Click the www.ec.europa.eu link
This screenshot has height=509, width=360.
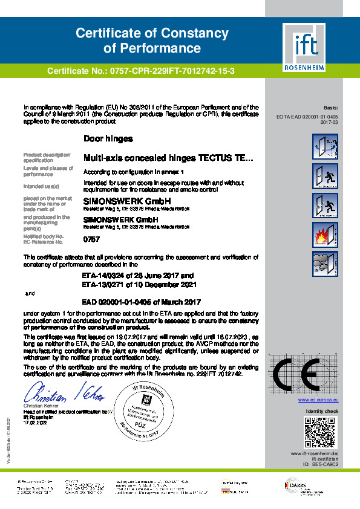tap(318, 400)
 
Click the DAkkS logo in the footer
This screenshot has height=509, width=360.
tap(312, 485)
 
